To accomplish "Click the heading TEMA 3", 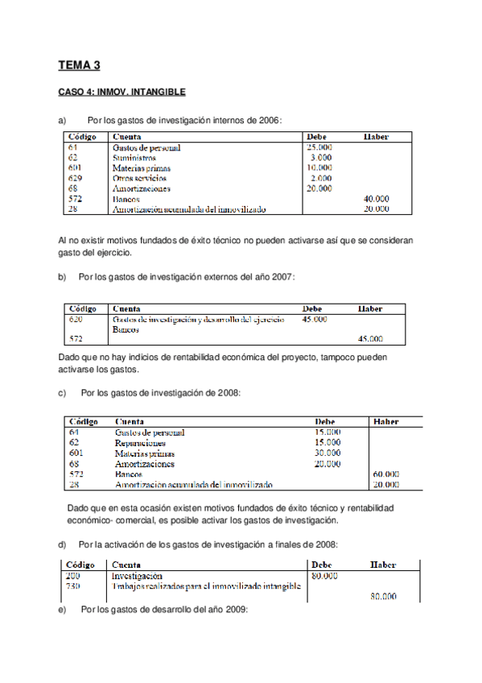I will (79, 66).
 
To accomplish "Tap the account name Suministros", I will (134, 158).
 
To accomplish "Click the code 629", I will (76, 178).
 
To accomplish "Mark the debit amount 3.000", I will (322, 158).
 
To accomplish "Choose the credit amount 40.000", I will (376, 198).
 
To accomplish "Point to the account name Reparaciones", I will (140, 443).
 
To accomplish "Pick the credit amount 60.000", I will (385, 474).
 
